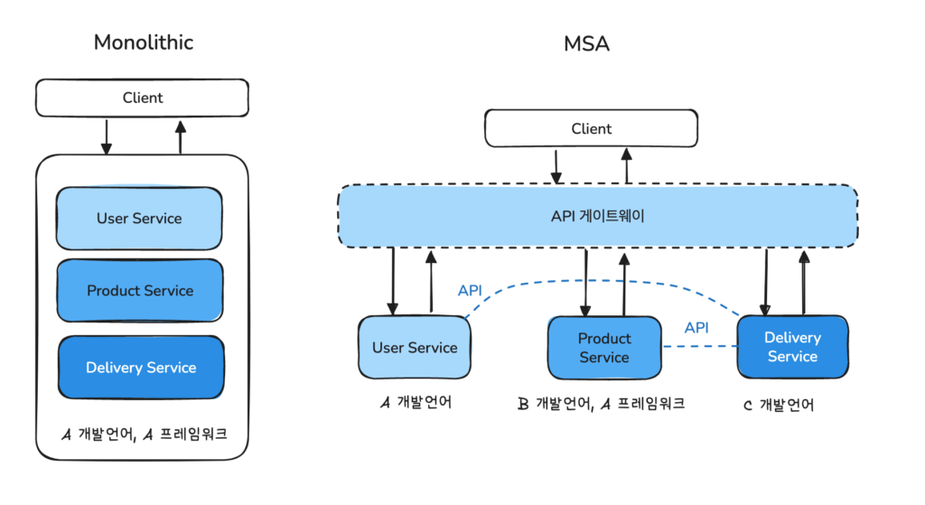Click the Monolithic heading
click(143, 42)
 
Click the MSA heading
click(586, 42)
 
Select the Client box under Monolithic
click(142, 98)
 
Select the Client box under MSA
click(591, 128)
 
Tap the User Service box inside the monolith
click(139, 219)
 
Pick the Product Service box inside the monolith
click(140, 291)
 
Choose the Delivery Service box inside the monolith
click(141, 368)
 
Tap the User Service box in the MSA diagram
click(415, 348)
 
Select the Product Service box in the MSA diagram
click(604, 348)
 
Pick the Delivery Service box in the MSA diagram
click(792, 347)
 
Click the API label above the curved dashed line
click(470, 291)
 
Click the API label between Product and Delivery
click(696, 328)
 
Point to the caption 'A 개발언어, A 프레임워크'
click(143, 434)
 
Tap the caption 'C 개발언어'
click(778, 406)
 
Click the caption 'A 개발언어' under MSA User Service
click(415, 403)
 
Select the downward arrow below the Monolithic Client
click(106, 136)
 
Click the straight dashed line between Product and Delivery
click(699, 346)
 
